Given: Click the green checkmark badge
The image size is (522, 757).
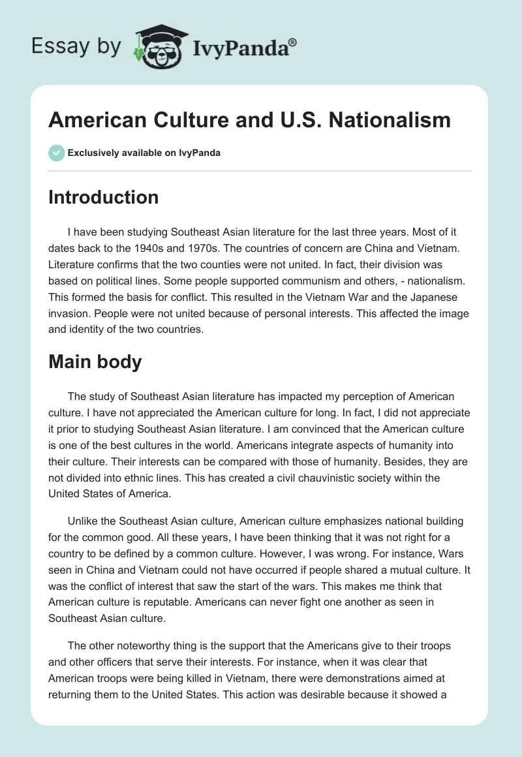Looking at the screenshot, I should click(x=56, y=153).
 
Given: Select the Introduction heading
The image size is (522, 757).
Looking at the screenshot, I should click(x=103, y=197).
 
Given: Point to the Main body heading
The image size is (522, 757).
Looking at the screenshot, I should click(x=95, y=362).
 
